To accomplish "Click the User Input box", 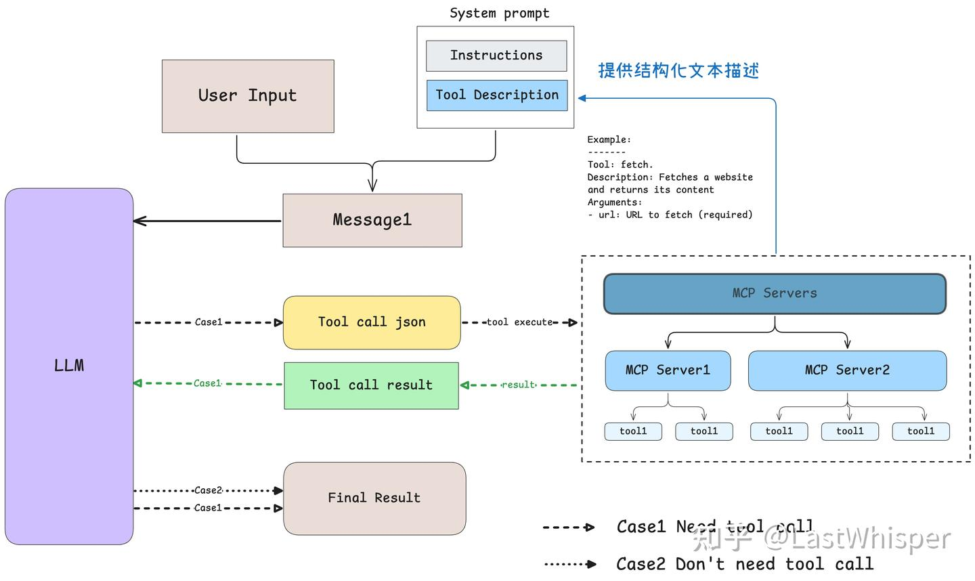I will (248, 96).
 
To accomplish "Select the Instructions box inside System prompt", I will (496, 56).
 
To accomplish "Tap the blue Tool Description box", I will (497, 95).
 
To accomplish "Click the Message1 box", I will (372, 220).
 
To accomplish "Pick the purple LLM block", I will (69, 366).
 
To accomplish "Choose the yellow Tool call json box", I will (372, 322).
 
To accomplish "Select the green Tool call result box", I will (371, 385).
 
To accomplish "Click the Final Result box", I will (374, 498).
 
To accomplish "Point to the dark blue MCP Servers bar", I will (775, 293).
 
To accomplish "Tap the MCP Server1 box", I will (668, 370).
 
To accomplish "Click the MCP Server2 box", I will (847, 370).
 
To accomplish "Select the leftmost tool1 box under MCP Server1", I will (633, 431).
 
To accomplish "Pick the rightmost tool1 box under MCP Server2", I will (920, 431).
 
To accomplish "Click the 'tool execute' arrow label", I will (519, 322).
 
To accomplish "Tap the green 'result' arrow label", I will (519, 385).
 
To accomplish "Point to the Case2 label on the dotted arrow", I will (208, 490).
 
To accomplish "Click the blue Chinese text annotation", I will (678, 70).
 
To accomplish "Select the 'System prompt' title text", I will (500, 14).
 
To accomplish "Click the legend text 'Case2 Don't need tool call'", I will (745, 564).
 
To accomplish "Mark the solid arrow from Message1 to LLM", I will (207, 221).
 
